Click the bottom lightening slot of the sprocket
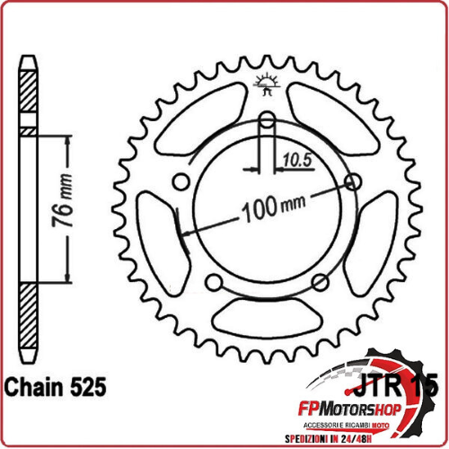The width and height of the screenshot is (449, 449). pyautogui.click(x=268, y=316)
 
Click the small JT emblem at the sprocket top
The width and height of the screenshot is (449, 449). pyautogui.click(x=267, y=86)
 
